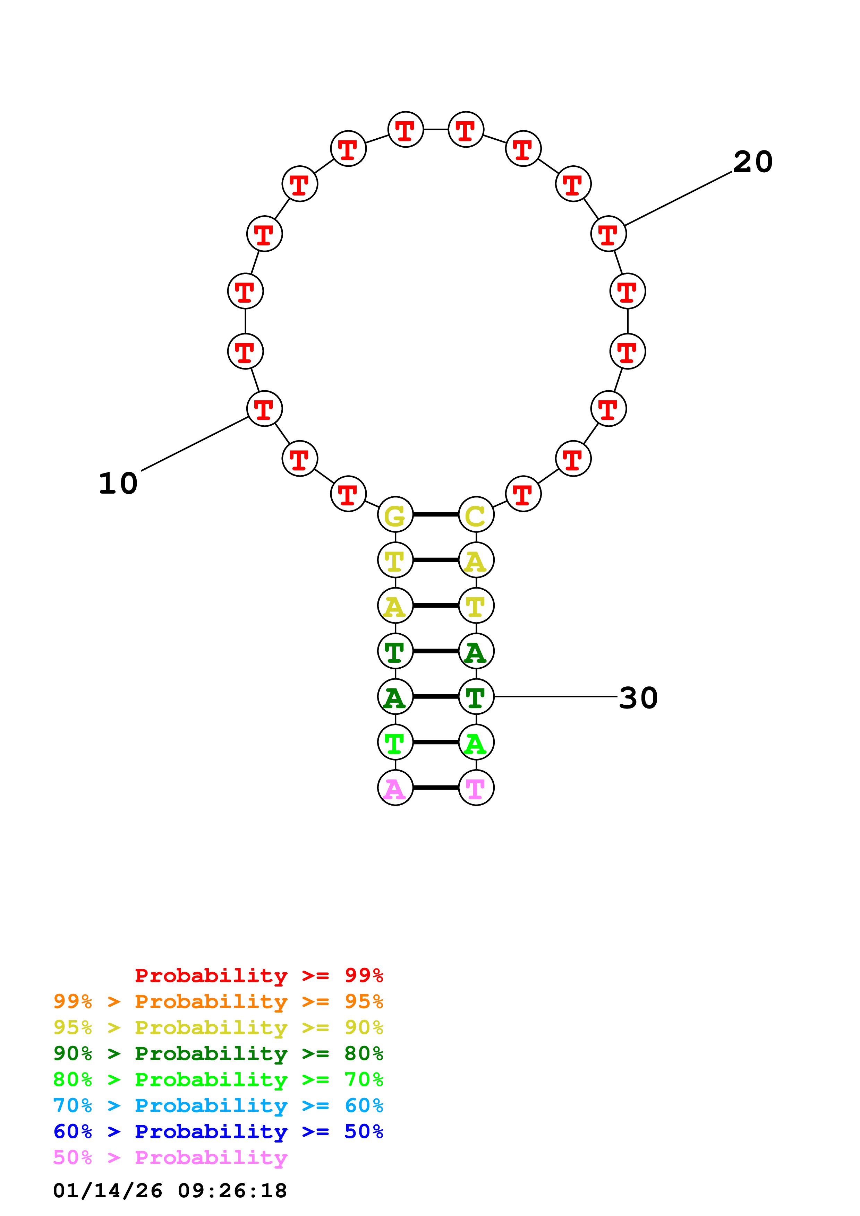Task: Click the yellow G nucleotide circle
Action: point(395,514)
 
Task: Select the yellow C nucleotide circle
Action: point(476,514)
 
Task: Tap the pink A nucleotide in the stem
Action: point(395,788)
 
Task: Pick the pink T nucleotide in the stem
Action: point(476,788)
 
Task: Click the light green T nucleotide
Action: point(395,742)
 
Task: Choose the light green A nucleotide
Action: point(476,742)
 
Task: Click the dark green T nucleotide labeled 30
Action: point(476,696)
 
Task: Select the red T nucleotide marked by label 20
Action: point(608,234)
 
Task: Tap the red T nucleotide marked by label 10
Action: point(264,408)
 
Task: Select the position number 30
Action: point(639,697)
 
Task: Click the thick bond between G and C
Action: point(436,514)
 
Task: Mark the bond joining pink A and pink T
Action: point(436,788)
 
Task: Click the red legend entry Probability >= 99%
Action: point(258,975)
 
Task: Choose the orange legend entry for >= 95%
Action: point(218,1001)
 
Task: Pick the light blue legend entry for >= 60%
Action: point(218,1105)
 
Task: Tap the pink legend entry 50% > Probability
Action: point(170,1157)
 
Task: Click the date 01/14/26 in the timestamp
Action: point(108,1190)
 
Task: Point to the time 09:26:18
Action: point(232,1190)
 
